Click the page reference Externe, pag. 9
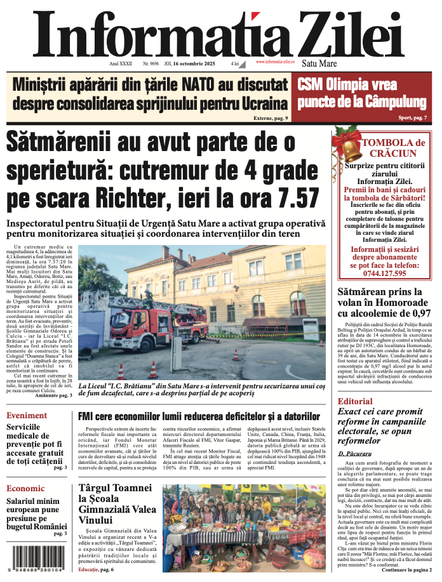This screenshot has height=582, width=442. (x=271, y=118)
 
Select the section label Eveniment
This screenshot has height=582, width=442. (x=27, y=416)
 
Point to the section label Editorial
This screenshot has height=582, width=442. (x=355, y=401)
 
